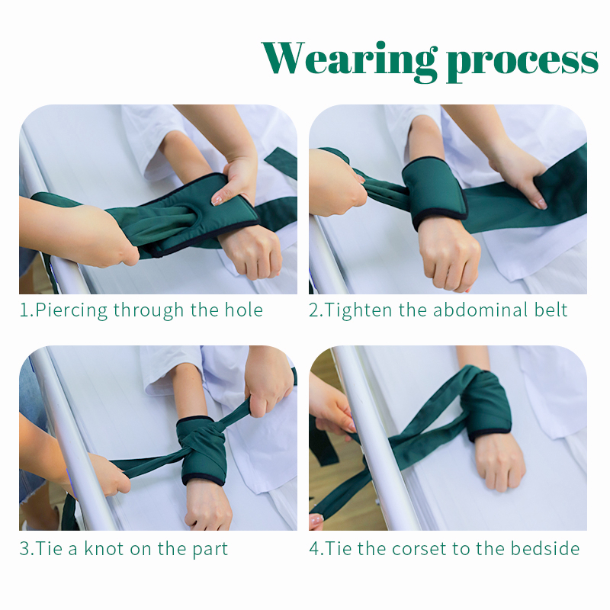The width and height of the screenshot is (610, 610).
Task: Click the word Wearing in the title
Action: click(x=349, y=59)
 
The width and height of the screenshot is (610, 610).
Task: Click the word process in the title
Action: click(x=522, y=63)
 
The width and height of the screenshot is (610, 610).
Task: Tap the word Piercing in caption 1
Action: click(x=71, y=311)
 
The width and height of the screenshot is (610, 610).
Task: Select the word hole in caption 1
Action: click(x=244, y=310)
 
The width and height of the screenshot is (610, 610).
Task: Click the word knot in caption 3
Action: click(x=104, y=548)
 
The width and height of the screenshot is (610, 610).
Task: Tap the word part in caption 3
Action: click(x=210, y=550)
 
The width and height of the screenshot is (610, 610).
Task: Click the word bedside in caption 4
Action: click(x=545, y=548)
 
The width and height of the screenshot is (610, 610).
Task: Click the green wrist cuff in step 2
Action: click(x=434, y=193)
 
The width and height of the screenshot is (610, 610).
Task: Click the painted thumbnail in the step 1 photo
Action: click(x=217, y=201)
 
